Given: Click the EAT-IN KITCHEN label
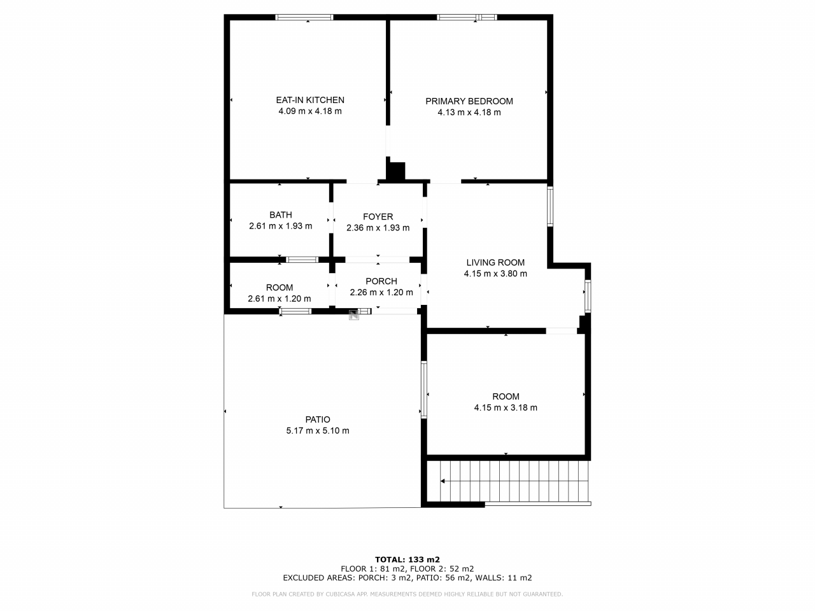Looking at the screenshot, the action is pos(310,100).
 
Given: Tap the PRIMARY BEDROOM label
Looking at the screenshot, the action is pos(469,101).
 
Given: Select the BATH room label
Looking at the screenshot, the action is pos(281,214).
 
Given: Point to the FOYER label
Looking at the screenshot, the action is pos(378,216).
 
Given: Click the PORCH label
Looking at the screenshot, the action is pos(381,281).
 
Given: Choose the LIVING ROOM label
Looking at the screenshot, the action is pos(495,263).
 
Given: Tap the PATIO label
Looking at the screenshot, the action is pos(318,419).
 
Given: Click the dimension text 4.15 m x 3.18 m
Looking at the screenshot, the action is pos(506,408).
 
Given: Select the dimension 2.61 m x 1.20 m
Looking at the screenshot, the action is pos(280,298).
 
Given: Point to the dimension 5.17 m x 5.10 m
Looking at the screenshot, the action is pos(318,431).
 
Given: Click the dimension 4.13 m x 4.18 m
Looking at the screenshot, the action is pos(469,113).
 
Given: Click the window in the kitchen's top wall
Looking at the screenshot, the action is pos(304,17).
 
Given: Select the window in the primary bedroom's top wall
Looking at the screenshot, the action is pos(467,17).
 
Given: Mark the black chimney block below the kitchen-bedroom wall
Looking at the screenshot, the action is pos(396,171).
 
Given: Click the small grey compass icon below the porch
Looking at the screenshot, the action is pos(354,315).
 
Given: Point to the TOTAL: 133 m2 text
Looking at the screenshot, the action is pos(407,559).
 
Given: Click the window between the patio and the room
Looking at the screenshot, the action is pos(423,390).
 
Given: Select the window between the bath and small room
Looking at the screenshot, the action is pos(302,260).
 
